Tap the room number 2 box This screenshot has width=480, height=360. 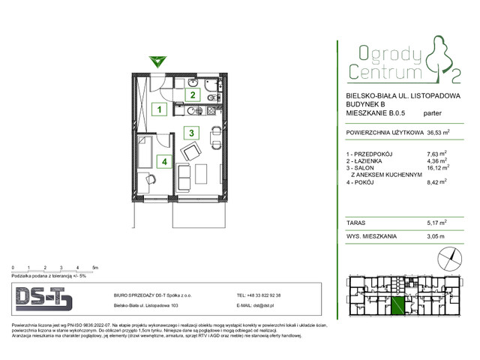pyautogui.click(x=193, y=95)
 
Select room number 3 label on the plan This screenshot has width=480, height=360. pyautogui.click(x=193, y=133)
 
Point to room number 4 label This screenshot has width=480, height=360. pyautogui.click(x=160, y=160)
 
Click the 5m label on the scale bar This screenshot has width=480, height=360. pyautogui.click(x=94, y=267)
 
